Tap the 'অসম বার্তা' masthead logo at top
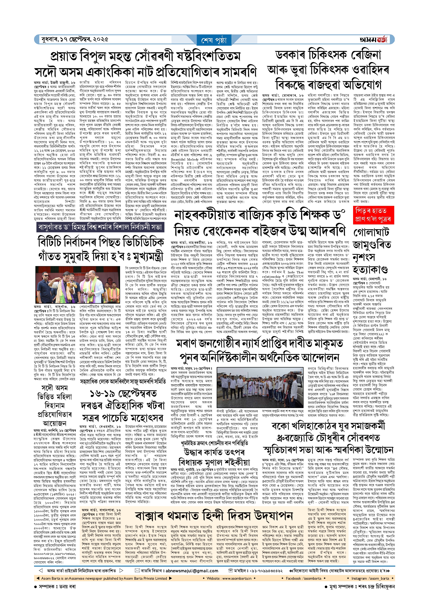tap(373, 40)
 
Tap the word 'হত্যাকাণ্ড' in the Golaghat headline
tap(370, 269)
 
